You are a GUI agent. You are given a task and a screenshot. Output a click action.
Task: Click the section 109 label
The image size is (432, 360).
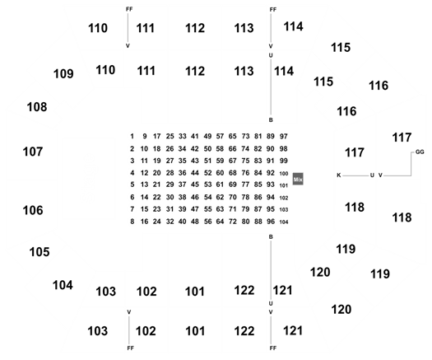coord(63,74)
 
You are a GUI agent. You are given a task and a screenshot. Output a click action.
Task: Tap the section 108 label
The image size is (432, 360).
coord(37,107)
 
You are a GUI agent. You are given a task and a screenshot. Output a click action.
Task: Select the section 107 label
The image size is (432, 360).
coord(33,152)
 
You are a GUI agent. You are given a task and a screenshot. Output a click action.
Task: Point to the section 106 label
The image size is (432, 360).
coord(33,211)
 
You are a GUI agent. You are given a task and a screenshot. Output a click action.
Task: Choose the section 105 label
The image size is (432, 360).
coord(39,252)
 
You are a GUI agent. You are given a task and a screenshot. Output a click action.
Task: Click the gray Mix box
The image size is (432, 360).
coord(298,180)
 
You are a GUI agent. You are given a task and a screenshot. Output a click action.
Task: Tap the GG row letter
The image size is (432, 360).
coord(420,152)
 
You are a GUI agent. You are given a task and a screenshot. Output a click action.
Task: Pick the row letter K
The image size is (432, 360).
coord(339,175)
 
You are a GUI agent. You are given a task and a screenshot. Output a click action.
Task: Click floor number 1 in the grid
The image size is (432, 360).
coord(132,136)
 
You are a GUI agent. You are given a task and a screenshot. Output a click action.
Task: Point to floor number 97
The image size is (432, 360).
coord(284,136)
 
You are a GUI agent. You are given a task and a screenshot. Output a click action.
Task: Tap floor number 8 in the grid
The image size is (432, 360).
coord(132,222)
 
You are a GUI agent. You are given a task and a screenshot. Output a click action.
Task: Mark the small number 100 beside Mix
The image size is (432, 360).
coord(284,174)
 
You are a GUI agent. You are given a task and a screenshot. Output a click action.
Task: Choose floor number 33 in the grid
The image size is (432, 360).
coord(183,136)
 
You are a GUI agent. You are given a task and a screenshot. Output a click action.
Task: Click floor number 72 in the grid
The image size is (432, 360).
coord(233,222)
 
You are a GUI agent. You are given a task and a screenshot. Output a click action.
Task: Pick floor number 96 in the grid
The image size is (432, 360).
coord(271,222)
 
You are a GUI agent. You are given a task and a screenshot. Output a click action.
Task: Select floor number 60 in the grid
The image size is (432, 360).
coord(220,173)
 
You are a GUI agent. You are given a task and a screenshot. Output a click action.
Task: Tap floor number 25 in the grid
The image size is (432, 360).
coord(170,136)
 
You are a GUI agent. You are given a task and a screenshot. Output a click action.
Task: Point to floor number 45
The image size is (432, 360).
coord(195,185)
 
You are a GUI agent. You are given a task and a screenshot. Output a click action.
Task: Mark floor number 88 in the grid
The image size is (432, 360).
coord(258,222)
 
